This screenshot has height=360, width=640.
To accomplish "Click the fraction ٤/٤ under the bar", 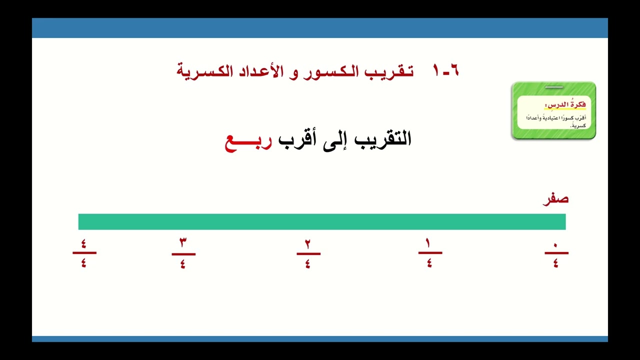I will [x=84, y=253].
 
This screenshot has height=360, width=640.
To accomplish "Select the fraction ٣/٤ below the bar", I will [x=183, y=253].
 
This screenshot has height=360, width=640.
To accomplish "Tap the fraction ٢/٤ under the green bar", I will [x=308, y=253].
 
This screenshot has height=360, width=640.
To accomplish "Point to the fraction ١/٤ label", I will [x=429, y=253].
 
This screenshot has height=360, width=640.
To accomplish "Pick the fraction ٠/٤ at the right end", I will [x=556, y=253].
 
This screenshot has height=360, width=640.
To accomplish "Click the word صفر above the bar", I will [x=555, y=199].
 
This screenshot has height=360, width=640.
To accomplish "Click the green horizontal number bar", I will [x=322, y=221].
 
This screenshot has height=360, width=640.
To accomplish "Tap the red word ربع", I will [x=248, y=139].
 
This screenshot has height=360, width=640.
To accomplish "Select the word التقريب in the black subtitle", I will [x=382, y=138].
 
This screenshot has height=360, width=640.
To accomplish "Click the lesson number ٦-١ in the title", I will [x=446, y=70].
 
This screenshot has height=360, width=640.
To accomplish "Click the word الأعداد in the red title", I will [x=258, y=70].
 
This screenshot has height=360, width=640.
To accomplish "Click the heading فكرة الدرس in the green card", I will [x=567, y=105].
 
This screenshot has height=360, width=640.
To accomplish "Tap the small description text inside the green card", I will [x=555, y=120].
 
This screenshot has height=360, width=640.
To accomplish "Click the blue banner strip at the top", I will [x=320, y=28].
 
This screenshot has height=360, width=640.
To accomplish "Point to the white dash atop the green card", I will [x=553, y=87].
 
